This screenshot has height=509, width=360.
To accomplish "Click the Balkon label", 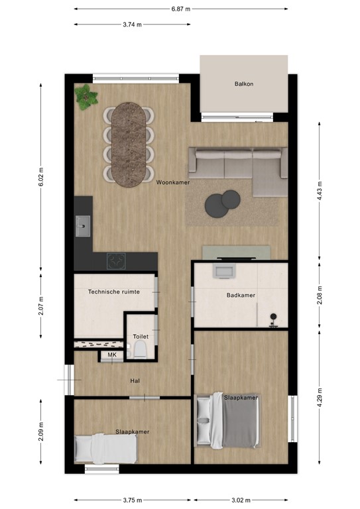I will point(244,84).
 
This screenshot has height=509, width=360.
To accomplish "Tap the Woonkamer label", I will point(173,182).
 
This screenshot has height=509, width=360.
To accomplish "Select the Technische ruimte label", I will point(114,291).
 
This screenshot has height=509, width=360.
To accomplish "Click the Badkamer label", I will point(241,296).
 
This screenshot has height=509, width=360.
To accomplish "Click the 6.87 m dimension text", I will point(180,9).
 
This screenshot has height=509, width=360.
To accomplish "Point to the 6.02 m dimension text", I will point(41,178).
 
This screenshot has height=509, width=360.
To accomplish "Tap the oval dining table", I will point(129,144).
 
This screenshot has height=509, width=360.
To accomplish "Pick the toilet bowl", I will point(139,351).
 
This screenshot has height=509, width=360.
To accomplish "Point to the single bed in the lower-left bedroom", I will point(105,449).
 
